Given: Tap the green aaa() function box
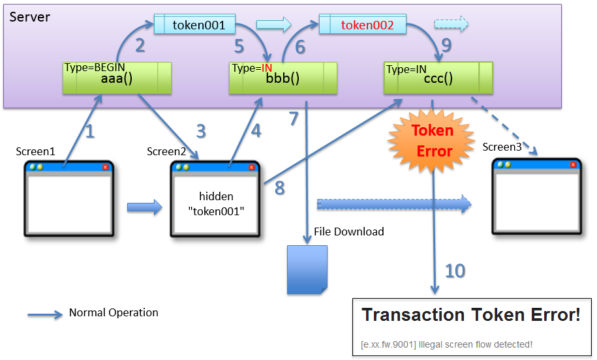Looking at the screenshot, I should pos(117,78).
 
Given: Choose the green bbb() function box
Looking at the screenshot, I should pos(283,78).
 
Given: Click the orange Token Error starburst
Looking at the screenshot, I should pos(433,140).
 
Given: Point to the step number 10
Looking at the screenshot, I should pos(455,269).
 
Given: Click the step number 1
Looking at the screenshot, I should pos(89,132).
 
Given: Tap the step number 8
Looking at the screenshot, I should pos(279,188).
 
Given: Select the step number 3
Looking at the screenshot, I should pos(200,131).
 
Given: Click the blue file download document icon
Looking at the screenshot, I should pos(307,269).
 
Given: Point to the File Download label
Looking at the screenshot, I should pos(349,232).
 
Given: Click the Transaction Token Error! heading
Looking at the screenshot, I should pos(470,316).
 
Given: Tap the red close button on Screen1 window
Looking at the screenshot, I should pos(105,167).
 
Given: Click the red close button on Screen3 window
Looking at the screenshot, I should pos(574,165).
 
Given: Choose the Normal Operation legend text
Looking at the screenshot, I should pos(114,312).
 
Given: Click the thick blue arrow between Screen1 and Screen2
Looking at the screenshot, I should pos(144,207).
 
